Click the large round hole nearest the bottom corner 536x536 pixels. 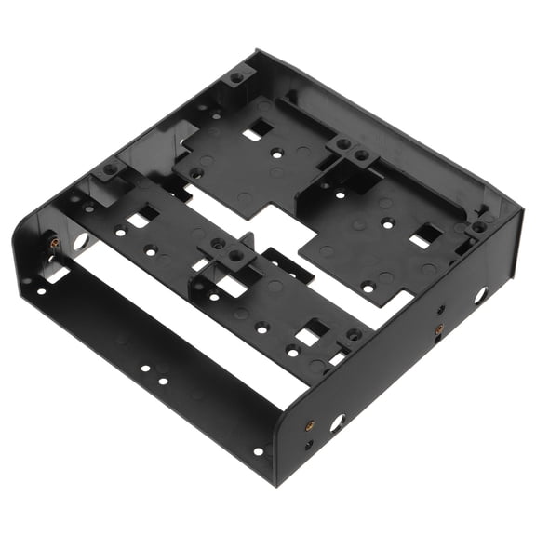coord(336,422)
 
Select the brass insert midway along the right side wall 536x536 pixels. coord(435,330)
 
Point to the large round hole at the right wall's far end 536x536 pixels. coord(480,296)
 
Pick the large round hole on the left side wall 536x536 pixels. coord(79,240)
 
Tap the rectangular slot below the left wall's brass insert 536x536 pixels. coord(56,274)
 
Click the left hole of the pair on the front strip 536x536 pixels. coord(146,369)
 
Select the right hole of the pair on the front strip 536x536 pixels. coord(163,380)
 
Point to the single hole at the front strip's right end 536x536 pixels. coord(258,452)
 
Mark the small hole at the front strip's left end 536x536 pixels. coord(41,291)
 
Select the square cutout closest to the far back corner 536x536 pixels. coord(252,134)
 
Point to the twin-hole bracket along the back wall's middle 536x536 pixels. coord(351,149)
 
